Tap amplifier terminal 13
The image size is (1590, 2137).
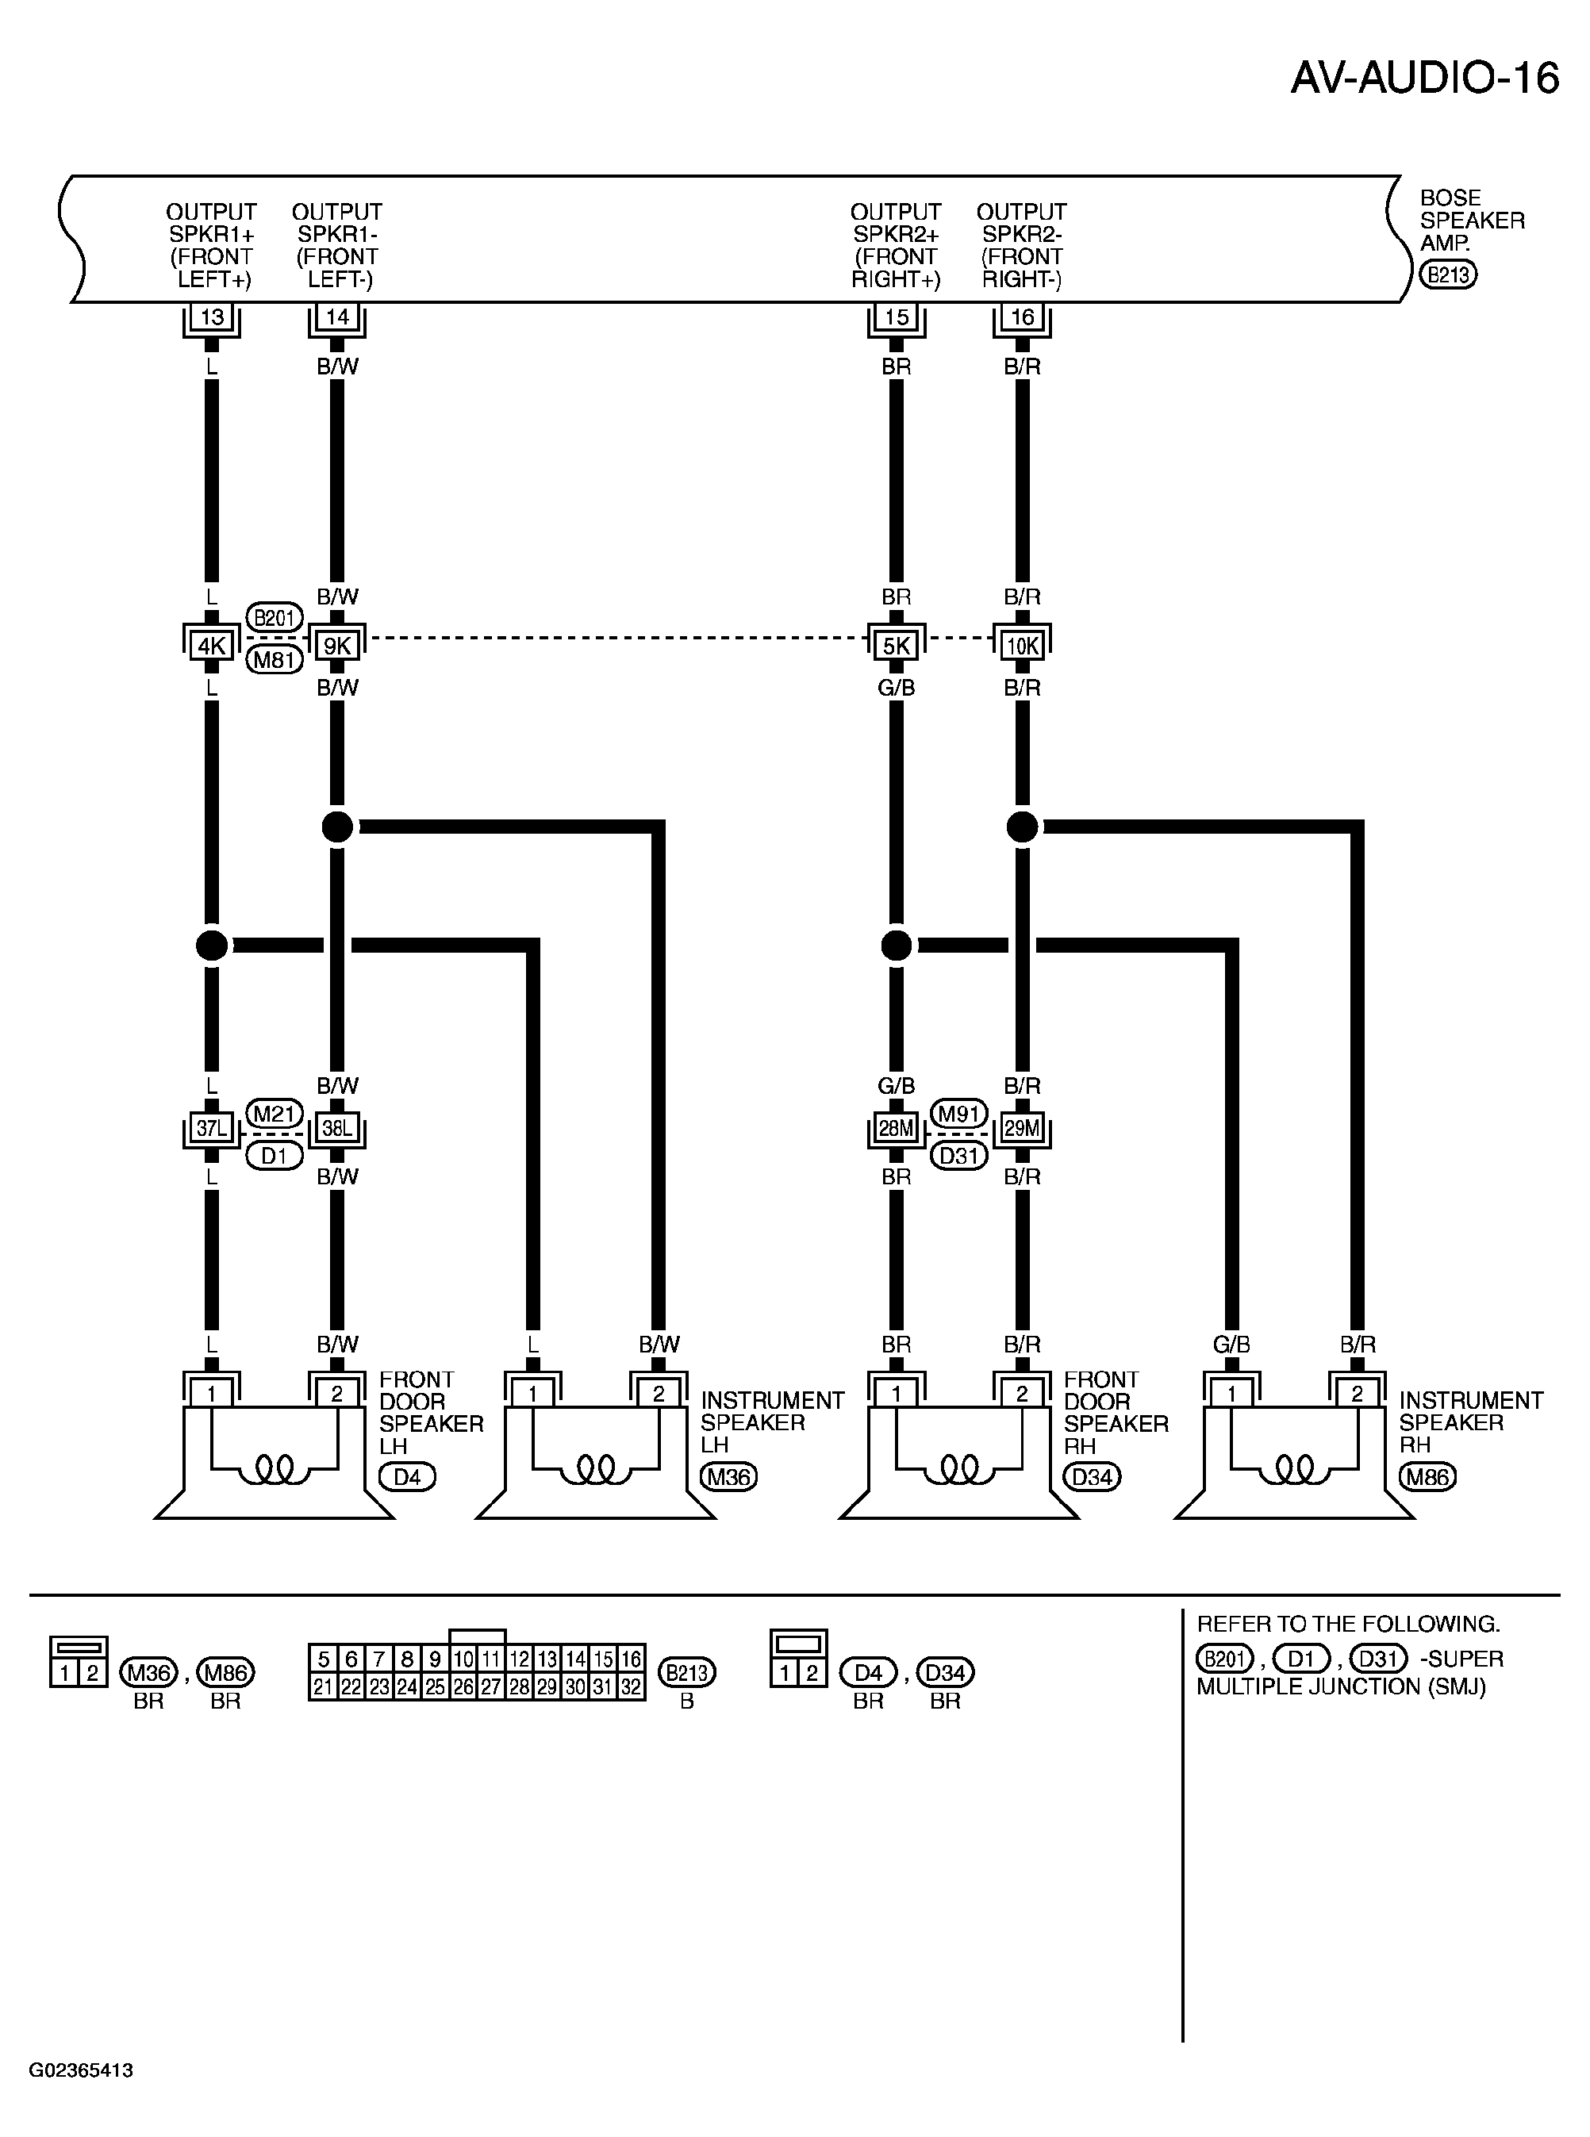[212, 317]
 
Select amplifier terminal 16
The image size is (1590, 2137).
[1022, 317]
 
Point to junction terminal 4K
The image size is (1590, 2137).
[212, 646]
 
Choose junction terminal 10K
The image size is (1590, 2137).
[1022, 646]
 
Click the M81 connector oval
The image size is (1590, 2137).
[275, 660]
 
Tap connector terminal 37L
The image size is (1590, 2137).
[212, 1129]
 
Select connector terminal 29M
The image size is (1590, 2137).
[1022, 1129]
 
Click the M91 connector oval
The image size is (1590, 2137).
[959, 1115]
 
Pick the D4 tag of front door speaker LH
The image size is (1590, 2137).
[407, 1477]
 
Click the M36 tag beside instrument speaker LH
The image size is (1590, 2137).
[728, 1477]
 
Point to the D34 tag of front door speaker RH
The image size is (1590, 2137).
[1093, 1477]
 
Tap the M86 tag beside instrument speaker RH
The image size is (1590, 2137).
[1427, 1477]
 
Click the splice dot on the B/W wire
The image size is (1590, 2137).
[338, 827]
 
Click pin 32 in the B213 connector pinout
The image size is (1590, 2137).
[631, 1686]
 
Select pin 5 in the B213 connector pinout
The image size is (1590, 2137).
[324, 1659]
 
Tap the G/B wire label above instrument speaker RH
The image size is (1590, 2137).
[1231, 1345]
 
